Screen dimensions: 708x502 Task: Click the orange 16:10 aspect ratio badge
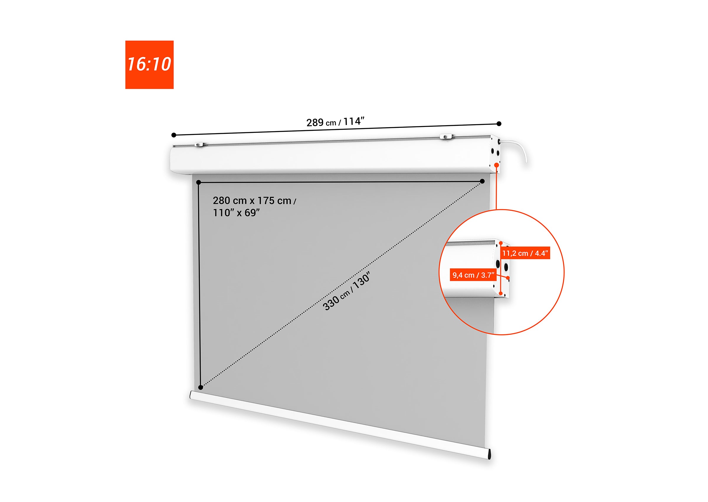click(x=149, y=65)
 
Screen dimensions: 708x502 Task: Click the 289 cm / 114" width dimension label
click(x=335, y=122)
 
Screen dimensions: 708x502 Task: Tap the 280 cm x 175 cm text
click(x=254, y=201)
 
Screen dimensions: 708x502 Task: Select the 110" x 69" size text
click(x=236, y=213)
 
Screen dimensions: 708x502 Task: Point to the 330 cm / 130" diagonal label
click(x=346, y=291)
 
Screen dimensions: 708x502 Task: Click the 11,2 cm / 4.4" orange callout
click(x=525, y=253)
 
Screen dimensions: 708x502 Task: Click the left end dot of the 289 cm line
click(x=174, y=135)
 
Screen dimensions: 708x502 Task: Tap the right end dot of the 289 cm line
click(x=499, y=124)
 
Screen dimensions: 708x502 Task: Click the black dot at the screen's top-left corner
click(x=199, y=182)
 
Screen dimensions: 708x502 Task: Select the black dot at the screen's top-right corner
click(x=482, y=181)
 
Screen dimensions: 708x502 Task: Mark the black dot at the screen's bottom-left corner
click(x=200, y=387)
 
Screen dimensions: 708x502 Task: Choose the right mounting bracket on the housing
click(x=445, y=136)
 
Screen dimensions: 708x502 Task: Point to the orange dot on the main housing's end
click(x=496, y=165)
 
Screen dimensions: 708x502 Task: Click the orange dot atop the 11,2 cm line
click(x=501, y=243)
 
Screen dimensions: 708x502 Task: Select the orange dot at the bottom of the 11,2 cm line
click(x=501, y=293)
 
